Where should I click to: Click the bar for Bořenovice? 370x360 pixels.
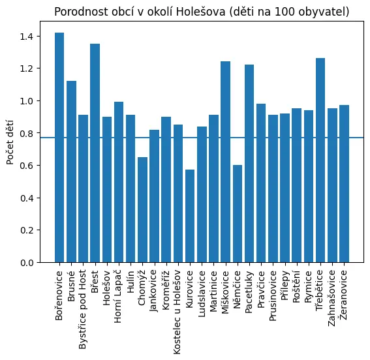click(59, 147)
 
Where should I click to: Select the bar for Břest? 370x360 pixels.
click(95, 153)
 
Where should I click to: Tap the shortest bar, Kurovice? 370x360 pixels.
click(190, 216)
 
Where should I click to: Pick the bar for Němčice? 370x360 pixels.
click(238, 214)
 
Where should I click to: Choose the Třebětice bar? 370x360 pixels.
click(320, 160)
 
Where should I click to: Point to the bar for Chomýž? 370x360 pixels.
click(142, 210)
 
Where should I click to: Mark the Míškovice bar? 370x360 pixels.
click(225, 162)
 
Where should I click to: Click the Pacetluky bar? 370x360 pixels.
click(249, 164)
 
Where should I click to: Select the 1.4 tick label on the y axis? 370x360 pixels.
click(26, 37)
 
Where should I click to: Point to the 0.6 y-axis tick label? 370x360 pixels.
click(26, 166)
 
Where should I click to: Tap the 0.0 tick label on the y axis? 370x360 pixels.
click(26, 263)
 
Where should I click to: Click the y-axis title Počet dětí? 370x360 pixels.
click(10, 142)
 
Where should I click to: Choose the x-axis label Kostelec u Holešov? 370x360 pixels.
click(177, 312)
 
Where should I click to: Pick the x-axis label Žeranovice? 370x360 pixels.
click(344, 294)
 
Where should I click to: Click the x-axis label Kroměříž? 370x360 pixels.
click(166, 290)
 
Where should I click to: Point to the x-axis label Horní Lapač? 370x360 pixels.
click(118, 296)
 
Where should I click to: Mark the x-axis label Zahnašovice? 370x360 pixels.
click(331, 298)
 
